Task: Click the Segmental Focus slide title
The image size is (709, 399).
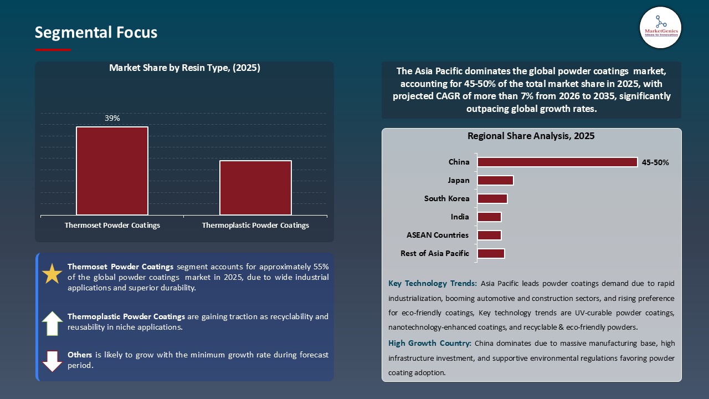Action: click(96, 33)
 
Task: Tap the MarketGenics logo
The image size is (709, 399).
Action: click(660, 28)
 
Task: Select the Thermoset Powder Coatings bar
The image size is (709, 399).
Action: click(112, 171)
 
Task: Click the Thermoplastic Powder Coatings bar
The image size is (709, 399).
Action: click(255, 187)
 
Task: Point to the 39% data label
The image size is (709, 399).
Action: click(112, 118)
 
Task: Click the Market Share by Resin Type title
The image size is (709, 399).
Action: click(184, 68)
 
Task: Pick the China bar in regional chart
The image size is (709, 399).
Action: click(557, 162)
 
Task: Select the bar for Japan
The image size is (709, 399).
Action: click(495, 181)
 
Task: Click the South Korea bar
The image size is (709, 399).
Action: click(492, 198)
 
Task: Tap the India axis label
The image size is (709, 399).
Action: click(460, 217)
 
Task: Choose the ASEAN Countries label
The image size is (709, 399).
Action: click(437, 235)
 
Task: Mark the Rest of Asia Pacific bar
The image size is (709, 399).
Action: click(491, 253)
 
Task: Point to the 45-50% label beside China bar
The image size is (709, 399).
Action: click(655, 163)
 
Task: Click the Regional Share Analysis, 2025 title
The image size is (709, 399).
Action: click(531, 136)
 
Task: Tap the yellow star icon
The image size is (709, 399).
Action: click(53, 274)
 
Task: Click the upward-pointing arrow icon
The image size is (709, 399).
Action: click(53, 324)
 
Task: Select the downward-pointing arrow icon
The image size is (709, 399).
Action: click(53, 361)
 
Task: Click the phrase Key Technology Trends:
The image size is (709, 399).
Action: click(432, 284)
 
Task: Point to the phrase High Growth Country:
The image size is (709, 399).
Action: click(429, 344)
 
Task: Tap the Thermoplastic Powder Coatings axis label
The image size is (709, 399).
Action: click(255, 226)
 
